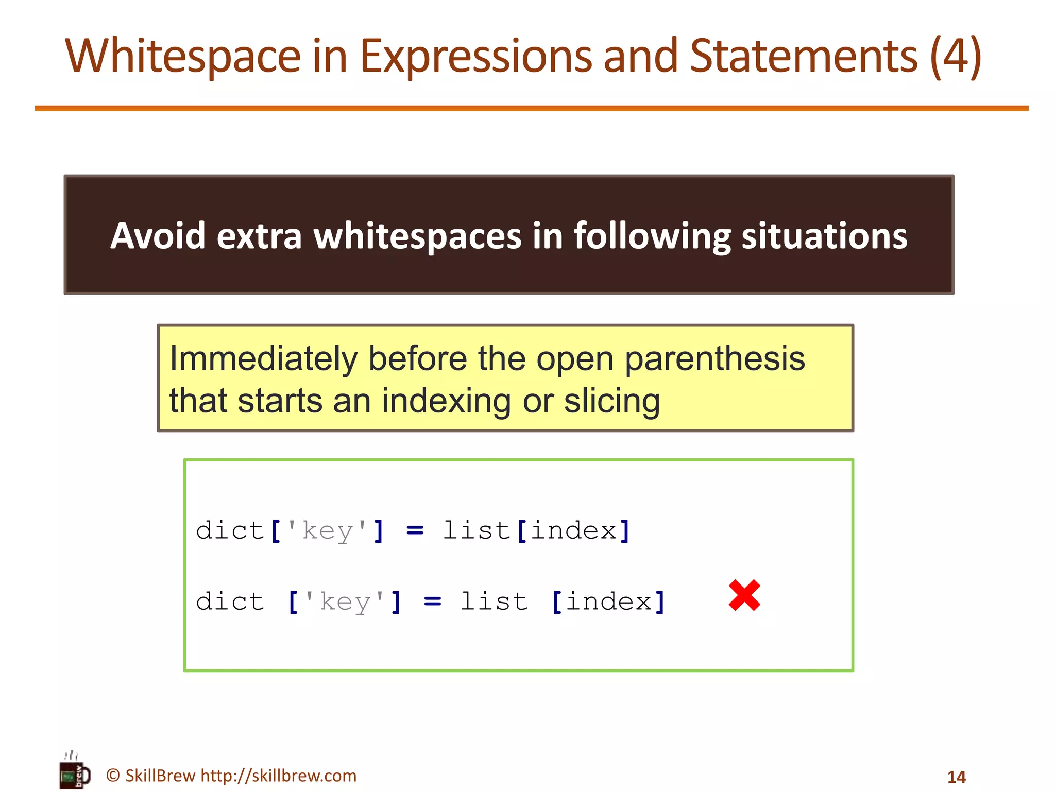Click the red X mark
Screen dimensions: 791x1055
pos(744,595)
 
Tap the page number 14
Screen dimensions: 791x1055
pos(956,777)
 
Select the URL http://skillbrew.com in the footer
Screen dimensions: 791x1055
pos(278,776)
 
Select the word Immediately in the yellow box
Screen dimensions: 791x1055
pos(263,358)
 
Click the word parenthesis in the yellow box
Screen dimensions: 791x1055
pos(715,358)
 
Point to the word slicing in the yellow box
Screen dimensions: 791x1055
pos(611,401)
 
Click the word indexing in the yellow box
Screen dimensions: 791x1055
pos(446,401)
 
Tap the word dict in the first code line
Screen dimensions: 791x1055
pos(230,530)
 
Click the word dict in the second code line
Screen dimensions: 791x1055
pos(230,601)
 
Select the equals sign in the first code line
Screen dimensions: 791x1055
pos(415,530)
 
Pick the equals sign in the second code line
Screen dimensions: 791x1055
pos(432,601)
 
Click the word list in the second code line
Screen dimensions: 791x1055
pos(494,601)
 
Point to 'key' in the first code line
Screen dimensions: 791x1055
pos(327,530)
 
